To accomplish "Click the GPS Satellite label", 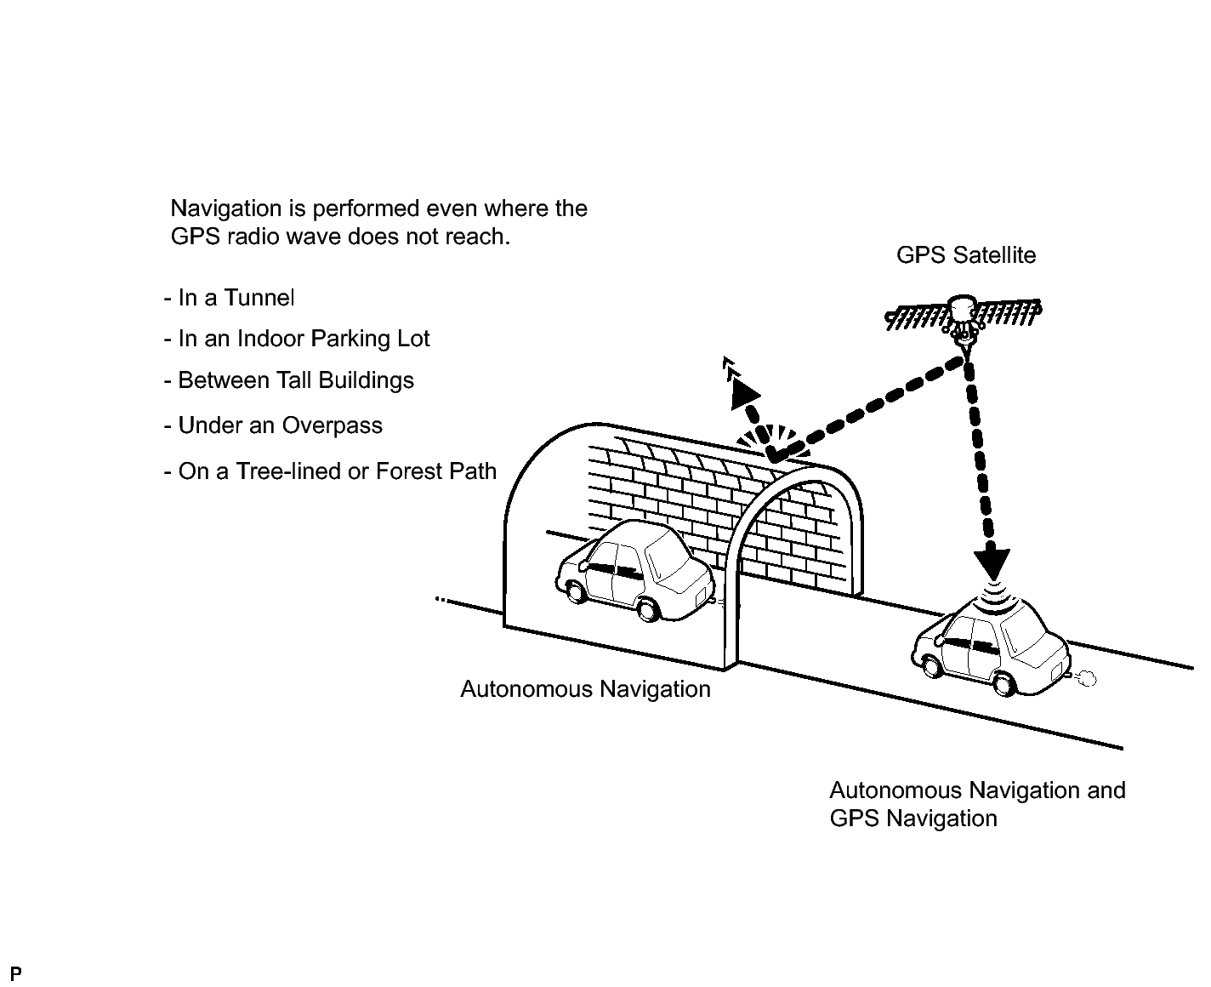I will coord(966,255).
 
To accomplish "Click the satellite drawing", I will coord(964,319).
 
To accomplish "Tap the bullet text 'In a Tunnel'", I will coord(229,298).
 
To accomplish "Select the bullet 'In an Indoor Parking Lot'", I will coord(297,339).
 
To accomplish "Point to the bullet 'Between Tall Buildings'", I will coord(288,380).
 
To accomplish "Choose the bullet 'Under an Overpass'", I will coord(273,425).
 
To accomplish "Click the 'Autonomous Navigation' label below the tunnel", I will coord(585,688).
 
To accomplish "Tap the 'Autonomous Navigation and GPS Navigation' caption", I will coord(977,804).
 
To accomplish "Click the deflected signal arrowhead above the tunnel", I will coord(744,392).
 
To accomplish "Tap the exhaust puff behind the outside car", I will coord(1085,678).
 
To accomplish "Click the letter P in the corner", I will coord(15,973).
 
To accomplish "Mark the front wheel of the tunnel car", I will coord(573,589).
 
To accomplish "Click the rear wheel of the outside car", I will coord(1006,683).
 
